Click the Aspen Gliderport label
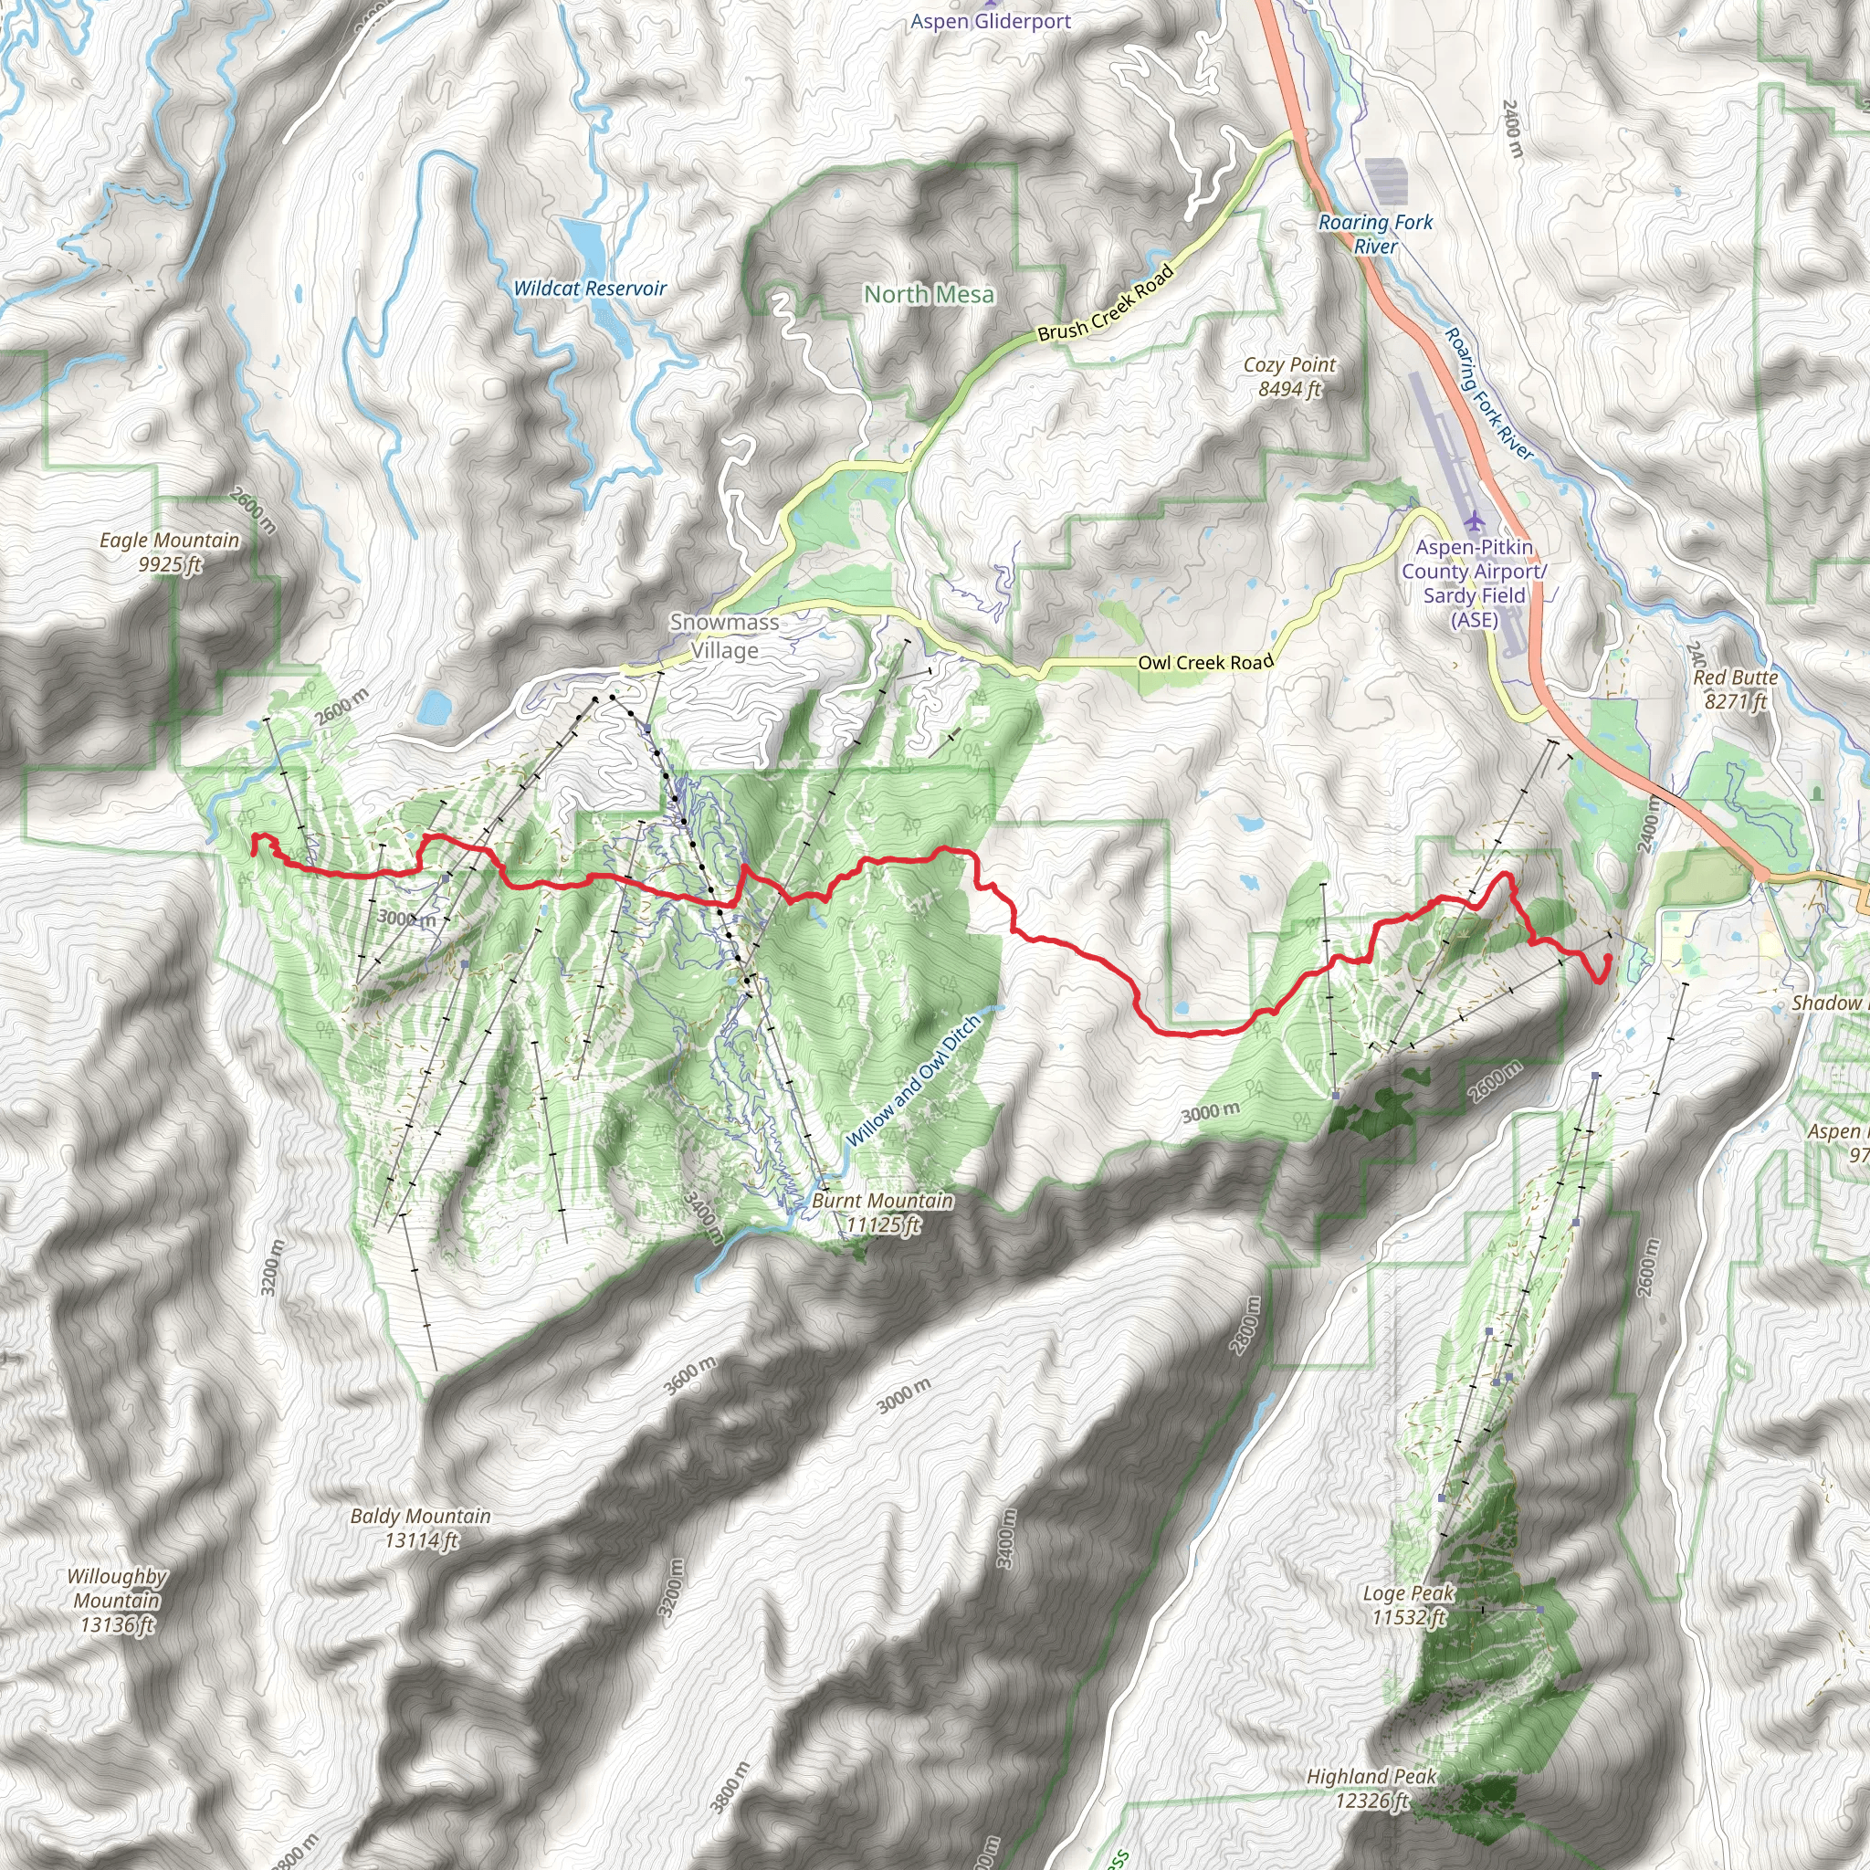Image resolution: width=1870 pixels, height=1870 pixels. click(990, 21)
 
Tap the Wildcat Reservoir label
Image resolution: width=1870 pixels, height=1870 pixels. click(590, 289)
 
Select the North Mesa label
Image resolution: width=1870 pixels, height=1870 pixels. click(929, 294)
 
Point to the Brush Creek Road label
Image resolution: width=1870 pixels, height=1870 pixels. click(1106, 304)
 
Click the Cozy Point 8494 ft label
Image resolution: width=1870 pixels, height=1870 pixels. click(1289, 376)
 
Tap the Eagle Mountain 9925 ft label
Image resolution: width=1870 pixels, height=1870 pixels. click(170, 552)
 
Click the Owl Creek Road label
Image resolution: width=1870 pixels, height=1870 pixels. click(1205, 662)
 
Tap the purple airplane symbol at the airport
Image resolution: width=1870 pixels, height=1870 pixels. click(1474, 520)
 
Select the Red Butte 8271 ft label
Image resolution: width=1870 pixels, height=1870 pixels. click(1736, 689)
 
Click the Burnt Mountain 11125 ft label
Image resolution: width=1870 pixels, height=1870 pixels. click(882, 1213)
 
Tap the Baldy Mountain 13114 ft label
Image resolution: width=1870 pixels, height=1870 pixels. click(420, 1528)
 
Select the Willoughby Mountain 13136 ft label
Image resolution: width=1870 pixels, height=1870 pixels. click(117, 1601)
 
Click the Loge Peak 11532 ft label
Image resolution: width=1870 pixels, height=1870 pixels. click(1408, 1605)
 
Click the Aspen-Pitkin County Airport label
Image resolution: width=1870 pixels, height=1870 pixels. click(1474, 583)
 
